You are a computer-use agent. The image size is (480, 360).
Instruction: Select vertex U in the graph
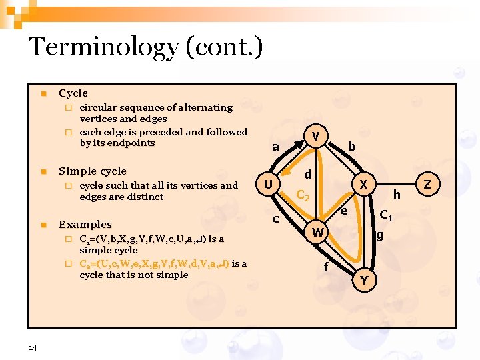[267, 183]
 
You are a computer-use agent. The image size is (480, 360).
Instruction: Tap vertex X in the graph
[363, 183]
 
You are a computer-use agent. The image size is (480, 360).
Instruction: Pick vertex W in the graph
[319, 232]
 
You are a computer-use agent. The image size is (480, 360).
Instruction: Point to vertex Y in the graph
[363, 280]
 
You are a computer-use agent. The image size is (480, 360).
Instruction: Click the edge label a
[275, 147]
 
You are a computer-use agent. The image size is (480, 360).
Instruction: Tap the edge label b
[352, 146]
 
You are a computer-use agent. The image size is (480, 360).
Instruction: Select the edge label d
[307, 174]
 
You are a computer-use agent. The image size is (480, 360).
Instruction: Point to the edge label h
[397, 194]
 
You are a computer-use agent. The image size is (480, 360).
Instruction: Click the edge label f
[325, 267]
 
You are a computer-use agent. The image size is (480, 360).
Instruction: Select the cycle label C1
[386, 216]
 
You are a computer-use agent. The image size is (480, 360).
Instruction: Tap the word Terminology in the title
[103, 47]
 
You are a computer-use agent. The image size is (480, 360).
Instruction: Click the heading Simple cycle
[92, 171]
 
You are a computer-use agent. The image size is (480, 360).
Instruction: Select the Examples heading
[85, 225]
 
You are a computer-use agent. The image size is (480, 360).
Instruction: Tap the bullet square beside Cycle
[43, 93]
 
